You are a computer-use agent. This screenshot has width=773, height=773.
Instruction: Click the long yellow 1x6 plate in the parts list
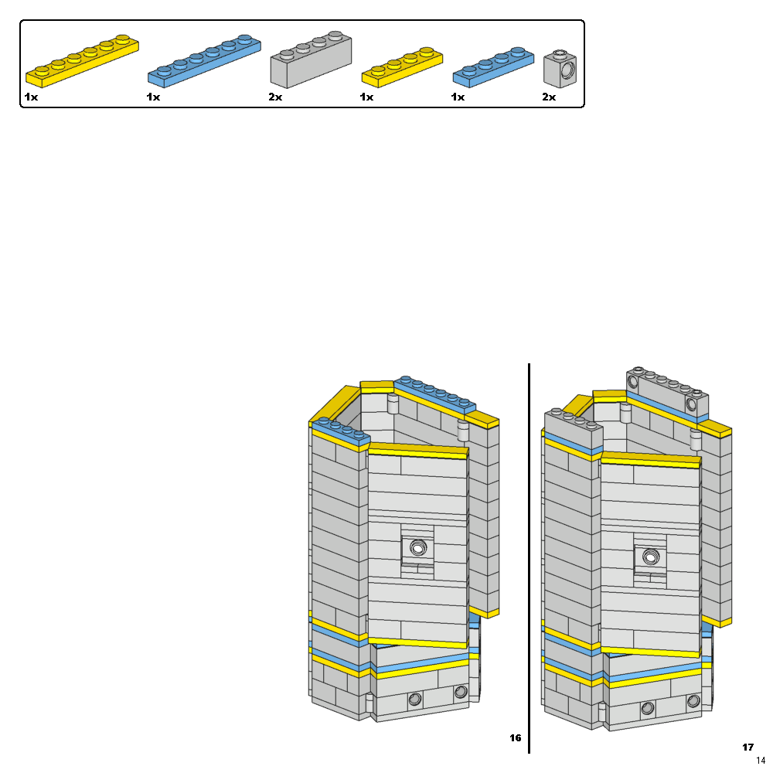pos(82,60)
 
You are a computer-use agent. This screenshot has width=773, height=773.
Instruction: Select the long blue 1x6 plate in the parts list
pos(203,61)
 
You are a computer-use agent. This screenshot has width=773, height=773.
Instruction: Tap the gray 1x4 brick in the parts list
pos(311,62)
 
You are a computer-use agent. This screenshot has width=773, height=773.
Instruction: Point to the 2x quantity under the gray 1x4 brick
pos(276,97)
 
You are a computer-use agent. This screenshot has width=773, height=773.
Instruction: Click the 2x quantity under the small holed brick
pos(549,97)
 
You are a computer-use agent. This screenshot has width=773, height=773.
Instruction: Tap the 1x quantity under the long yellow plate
pos(31,97)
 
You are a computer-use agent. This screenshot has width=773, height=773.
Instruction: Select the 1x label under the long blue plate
pos(153,97)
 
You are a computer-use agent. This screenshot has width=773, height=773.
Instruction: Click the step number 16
pos(516,737)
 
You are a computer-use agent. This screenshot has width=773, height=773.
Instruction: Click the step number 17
pos(747,747)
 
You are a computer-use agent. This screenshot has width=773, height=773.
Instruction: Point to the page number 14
pos(761,761)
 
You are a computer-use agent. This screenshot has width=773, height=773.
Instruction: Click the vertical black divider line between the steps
pos(530,557)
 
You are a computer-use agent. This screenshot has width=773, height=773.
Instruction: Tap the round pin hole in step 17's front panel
pos(650,555)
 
